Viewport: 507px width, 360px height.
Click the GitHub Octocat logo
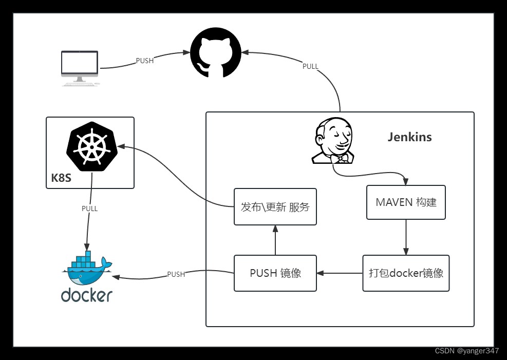(x=216, y=53)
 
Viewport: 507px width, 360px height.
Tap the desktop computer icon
(x=80, y=67)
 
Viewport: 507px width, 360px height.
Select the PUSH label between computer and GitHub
(x=144, y=61)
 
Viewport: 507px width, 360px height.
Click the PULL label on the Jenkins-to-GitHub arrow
(x=310, y=66)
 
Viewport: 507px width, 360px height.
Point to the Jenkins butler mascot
(x=333, y=140)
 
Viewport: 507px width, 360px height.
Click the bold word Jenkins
(x=409, y=137)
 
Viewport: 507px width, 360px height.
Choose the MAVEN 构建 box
(x=406, y=202)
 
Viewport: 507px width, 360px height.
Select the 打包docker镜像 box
(x=406, y=273)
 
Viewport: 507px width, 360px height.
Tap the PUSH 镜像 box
(x=275, y=273)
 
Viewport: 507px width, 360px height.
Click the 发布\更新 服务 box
(x=275, y=206)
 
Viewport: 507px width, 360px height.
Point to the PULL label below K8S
(x=89, y=209)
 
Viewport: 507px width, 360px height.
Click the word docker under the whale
(x=86, y=295)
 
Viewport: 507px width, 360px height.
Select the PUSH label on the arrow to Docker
(x=176, y=274)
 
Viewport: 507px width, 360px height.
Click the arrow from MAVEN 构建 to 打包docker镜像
(x=406, y=237)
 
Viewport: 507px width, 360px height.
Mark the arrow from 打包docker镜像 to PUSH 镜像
(x=340, y=273)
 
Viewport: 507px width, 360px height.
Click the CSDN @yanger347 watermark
(x=466, y=351)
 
